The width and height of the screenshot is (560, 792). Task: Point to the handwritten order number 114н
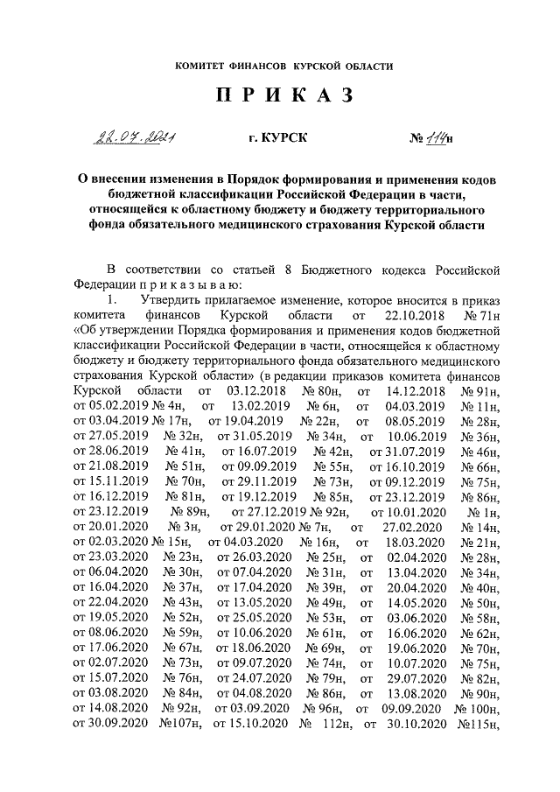tap(435, 138)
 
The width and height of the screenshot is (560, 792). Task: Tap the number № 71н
tap(480, 312)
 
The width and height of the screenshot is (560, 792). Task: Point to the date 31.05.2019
tap(255, 435)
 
